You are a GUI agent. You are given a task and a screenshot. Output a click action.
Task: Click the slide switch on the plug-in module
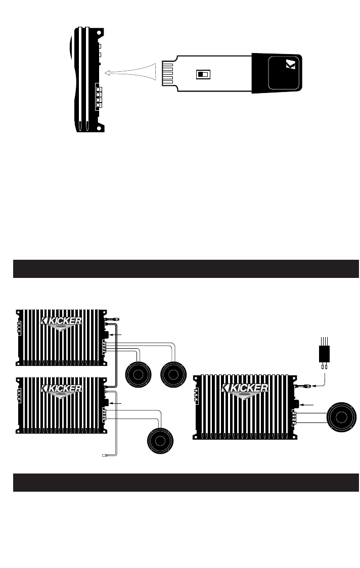[202, 74]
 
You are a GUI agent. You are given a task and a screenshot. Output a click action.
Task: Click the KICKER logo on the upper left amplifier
[61, 321]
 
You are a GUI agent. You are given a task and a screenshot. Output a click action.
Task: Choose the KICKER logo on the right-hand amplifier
[245, 388]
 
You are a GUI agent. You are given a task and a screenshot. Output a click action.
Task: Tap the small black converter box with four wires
[324, 354]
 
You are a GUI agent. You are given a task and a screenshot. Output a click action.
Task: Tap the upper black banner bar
[186, 269]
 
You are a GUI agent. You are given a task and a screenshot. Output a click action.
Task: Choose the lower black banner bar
[186, 483]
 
